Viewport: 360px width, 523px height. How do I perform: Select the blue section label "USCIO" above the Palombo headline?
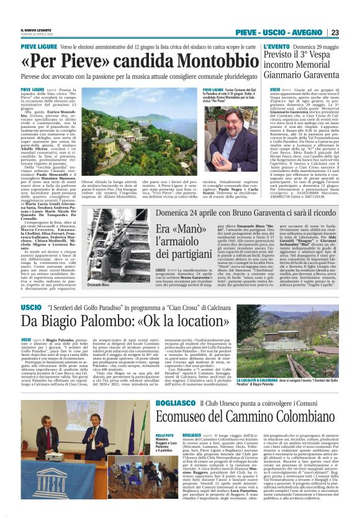tap(31, 307)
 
